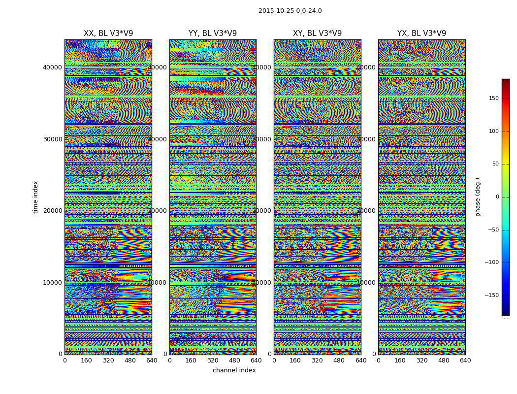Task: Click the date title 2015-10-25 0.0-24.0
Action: pyautogui.click(x=290, y=11)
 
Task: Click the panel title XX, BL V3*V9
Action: pyautogui.click(x=108, y=33)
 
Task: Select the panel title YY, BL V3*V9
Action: pyautogui.click(x=213, y=33)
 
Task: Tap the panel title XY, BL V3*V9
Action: pyautogui.click(x=317, y=33)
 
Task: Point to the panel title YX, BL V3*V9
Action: pyautogui.click(x=421, y=33)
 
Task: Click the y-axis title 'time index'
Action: pyautogui.click(x=35, y=197)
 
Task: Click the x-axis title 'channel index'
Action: pyautogui.click(x=234, y=370)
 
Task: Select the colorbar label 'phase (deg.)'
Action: pyautogui.click(x=478, y=197)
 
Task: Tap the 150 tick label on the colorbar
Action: pyautogui.click(x=507, y=98)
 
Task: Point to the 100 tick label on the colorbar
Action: pyautogui.click(x=507, y=131)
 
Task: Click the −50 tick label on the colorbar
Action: pyautogui.click(x=506, y=230)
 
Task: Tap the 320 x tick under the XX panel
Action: pyautogui.click(x=108, y=361)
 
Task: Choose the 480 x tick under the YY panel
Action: pyautogui.click(x=234, y=361)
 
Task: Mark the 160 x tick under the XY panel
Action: pyautogui.click(x=295, y=361)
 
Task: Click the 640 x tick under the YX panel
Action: pyautogui.click(x=465, y=361)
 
